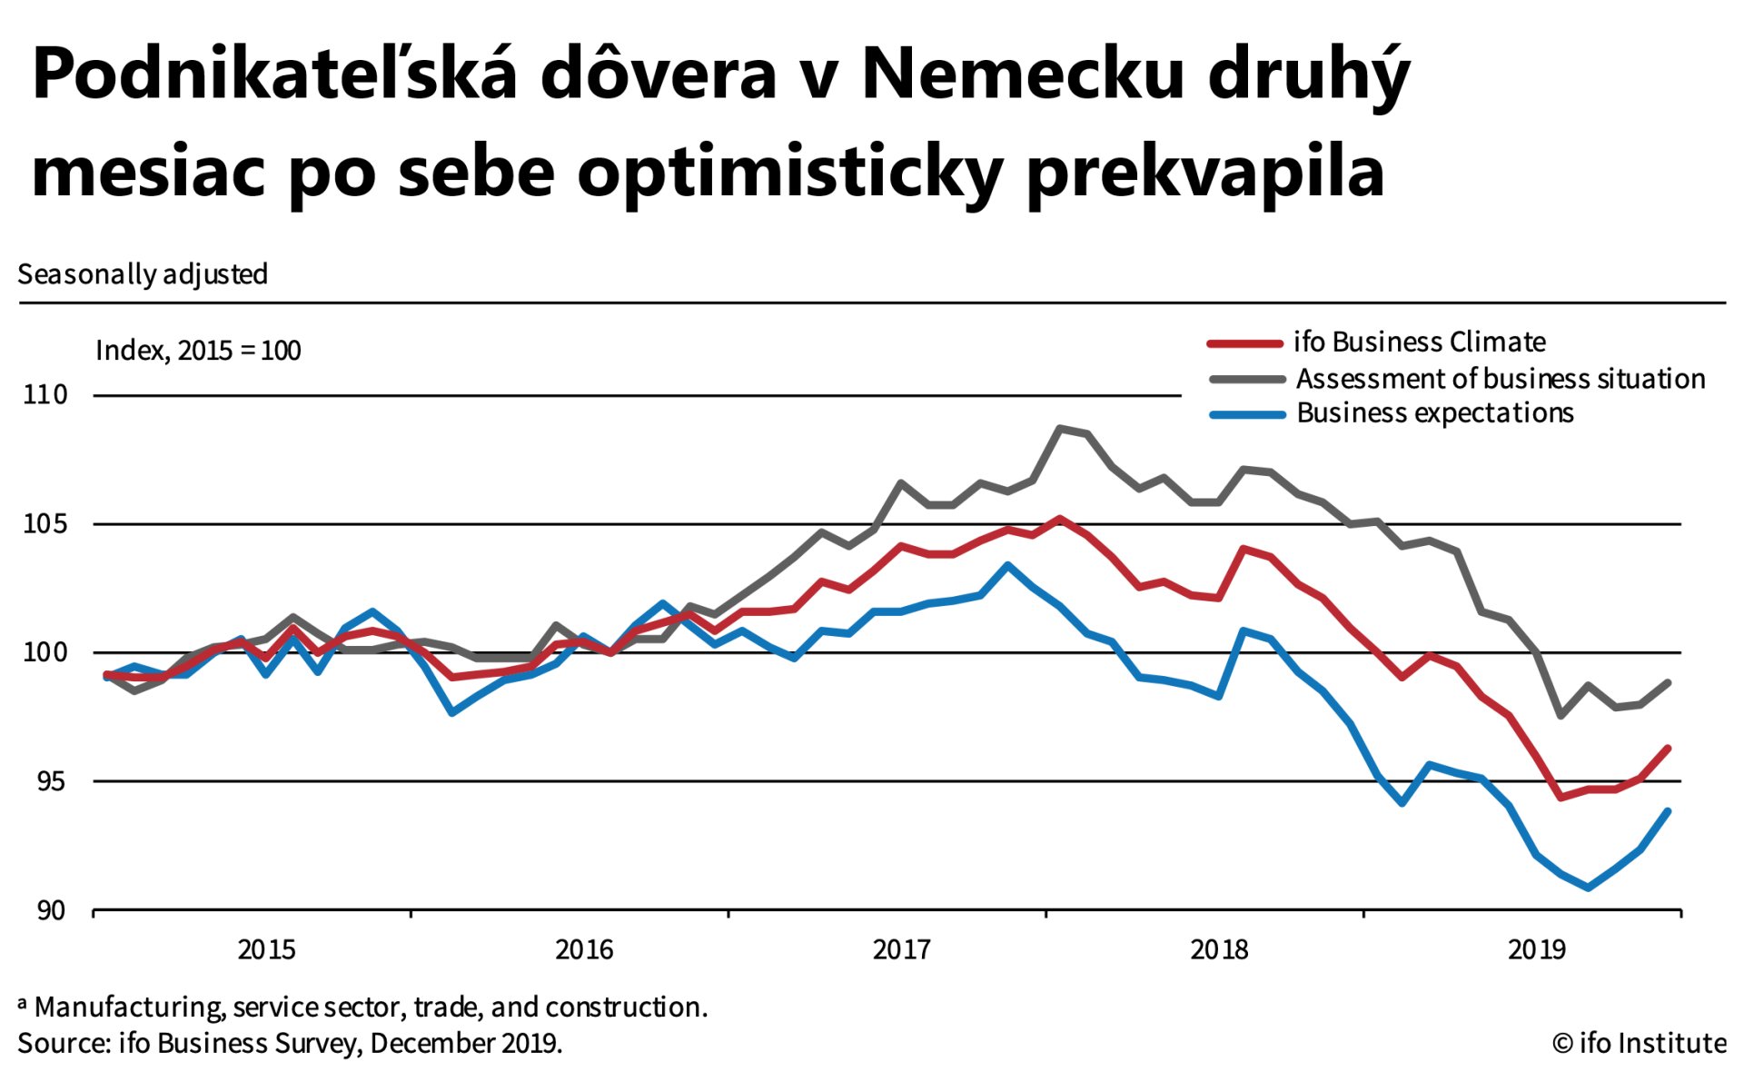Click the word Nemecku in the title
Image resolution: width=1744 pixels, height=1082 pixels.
pyautogui.click(x=1023, y=74)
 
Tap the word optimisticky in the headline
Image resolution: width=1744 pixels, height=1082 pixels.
pyautogui.click(x=788, y=173)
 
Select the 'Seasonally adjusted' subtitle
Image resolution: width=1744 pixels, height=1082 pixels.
pyautogui.click(x=143, y=274)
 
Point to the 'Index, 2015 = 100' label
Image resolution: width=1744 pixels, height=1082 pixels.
pyautogui.click(x=198, y=351)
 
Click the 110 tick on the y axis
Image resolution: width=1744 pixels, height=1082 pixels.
pyautogui.click(x=45, y=395)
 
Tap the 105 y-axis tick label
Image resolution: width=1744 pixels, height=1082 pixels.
pyautogui.click(x=45, y=524)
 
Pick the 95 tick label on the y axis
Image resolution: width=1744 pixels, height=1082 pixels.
pyautogui.click(x=50, y=781)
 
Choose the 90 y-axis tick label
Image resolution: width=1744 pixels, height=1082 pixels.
pyautogui.click(x=50, y=910)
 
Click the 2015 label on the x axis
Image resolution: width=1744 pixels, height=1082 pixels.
pyautogui.click(x=266, y=950)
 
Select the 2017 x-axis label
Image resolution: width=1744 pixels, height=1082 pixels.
pyautogui.click(x=901, y=950)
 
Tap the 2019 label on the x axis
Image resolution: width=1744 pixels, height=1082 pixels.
pyautogui.click(x=1537, y=950)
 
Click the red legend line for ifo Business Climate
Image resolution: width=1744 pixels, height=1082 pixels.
pyautogui.click(x=1244, y=343)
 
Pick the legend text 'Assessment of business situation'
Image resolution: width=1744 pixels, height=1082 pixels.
pyautogui.click(x=1501, y=379)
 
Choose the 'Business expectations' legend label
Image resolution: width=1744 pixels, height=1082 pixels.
pyautogui.click(x=1435, y=413)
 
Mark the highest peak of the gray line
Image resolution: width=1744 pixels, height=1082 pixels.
pyautogui.click(x=1059, y=428)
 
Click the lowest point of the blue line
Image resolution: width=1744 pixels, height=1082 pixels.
pyautogui.click(x=1588, y=888)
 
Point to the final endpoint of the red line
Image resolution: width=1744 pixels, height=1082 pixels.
pyautogui.click(x=1669, y=749)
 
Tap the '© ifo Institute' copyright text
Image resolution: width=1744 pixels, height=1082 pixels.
pyautogui.click(x=1640, y=1044)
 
